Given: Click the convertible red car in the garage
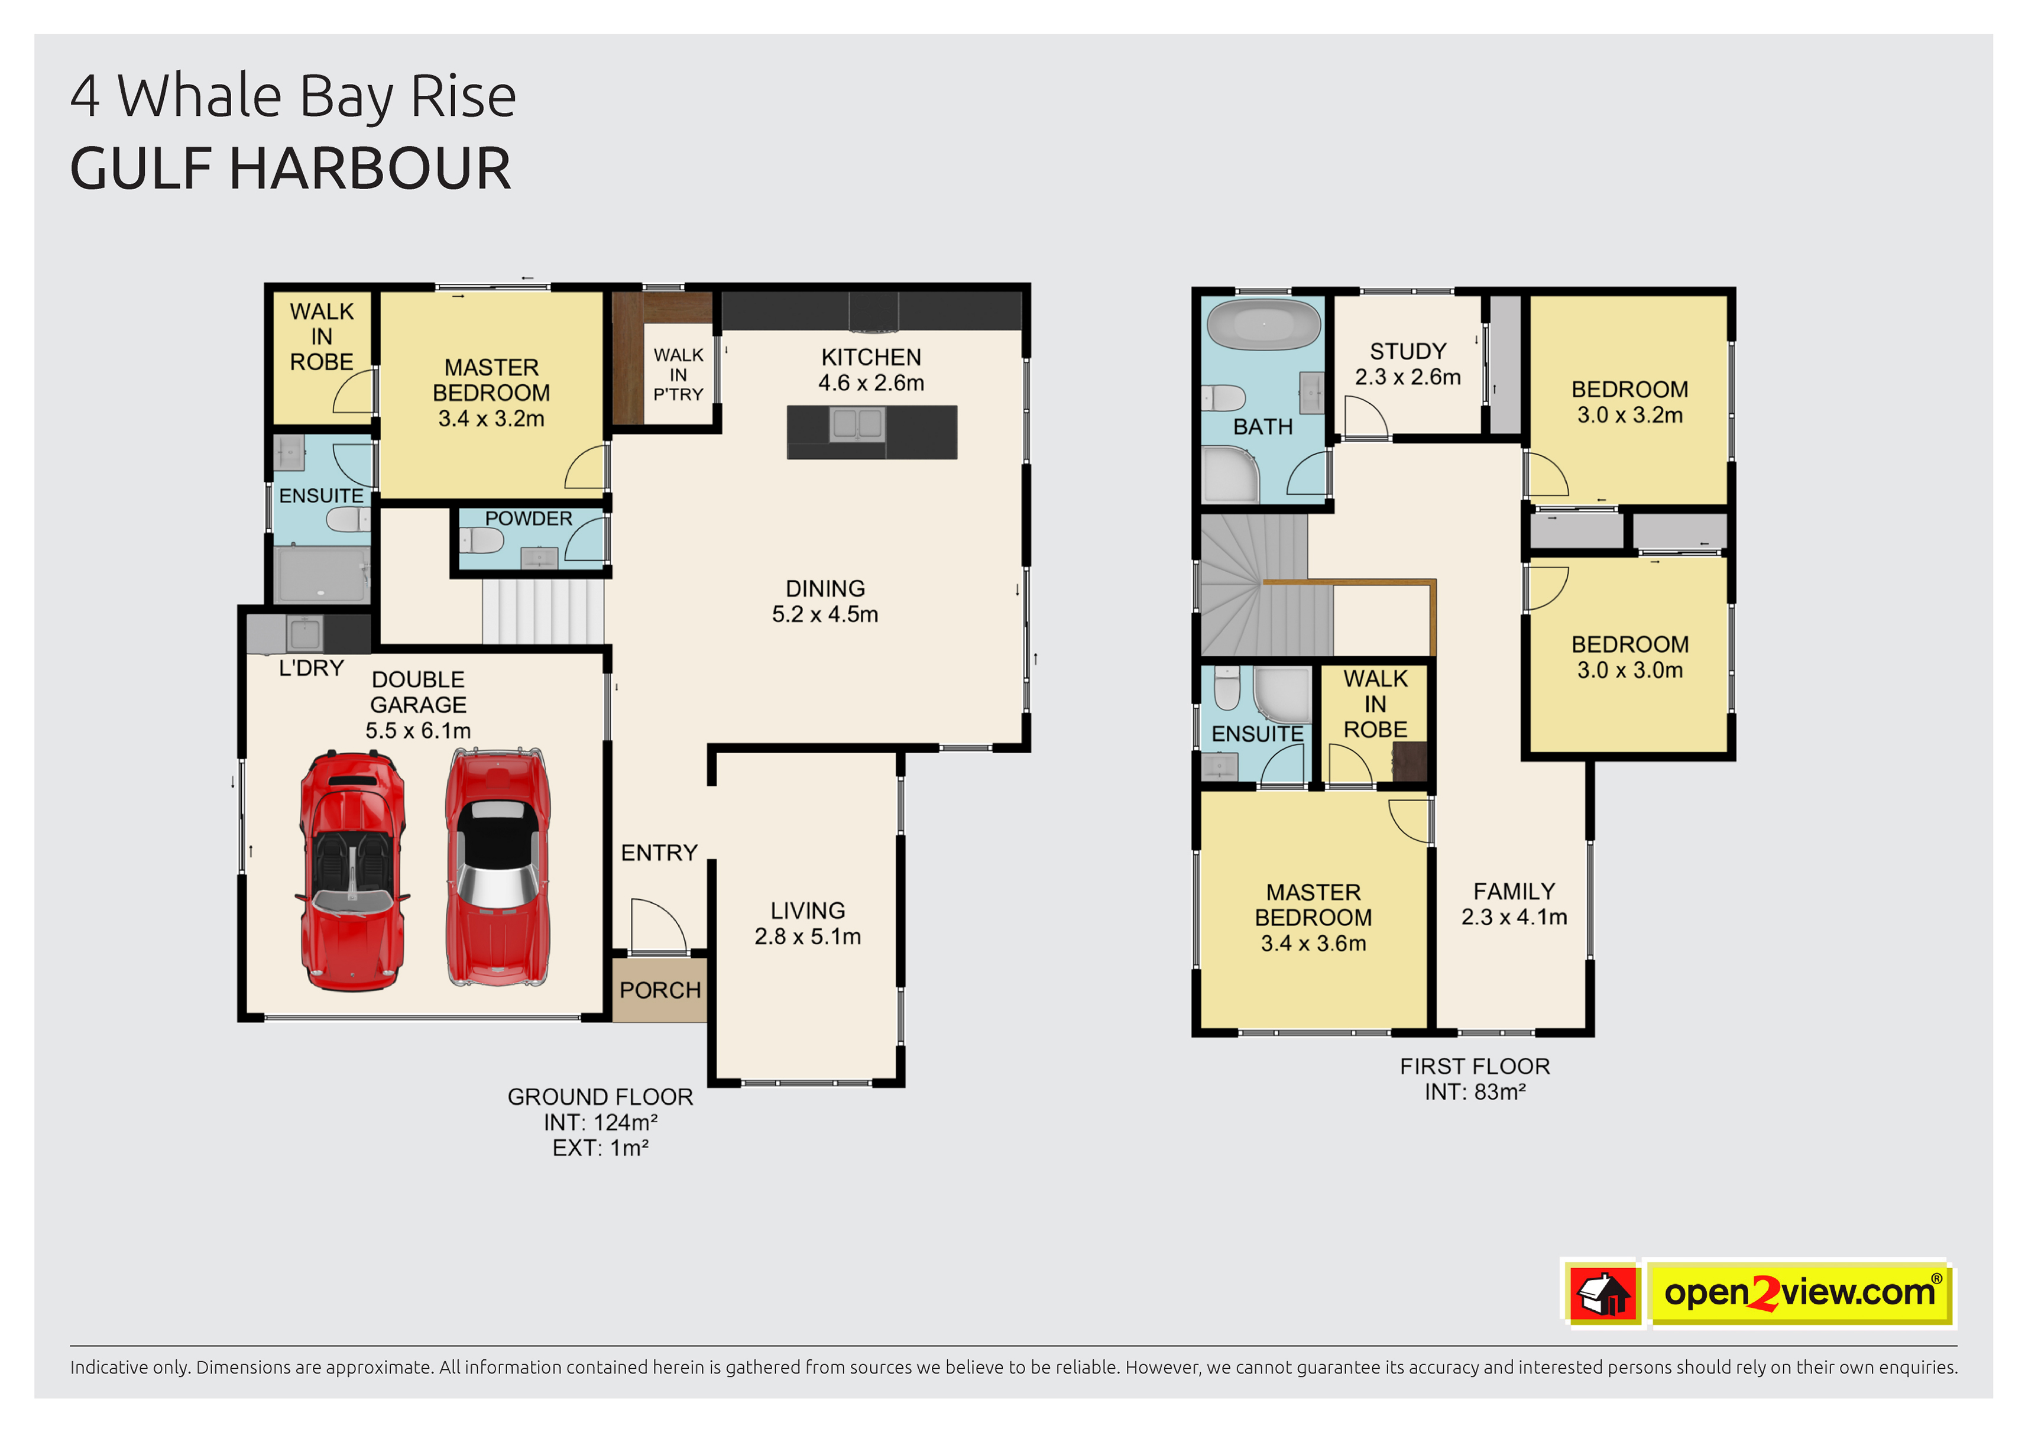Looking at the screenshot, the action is (x=353, y=870).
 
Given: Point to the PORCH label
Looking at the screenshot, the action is (x=660, y=990).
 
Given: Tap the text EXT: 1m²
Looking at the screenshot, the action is (x=601, y=1148).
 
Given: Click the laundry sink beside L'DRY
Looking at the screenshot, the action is (x=305, y=633).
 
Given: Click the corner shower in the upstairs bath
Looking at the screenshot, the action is (x=1231, y=474).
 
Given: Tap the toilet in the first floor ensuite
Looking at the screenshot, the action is (x=1227, y=687).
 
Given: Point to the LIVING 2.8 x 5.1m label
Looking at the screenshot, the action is (x=807, y=923).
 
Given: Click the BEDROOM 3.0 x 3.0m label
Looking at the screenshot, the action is (x=1630, y=657).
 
